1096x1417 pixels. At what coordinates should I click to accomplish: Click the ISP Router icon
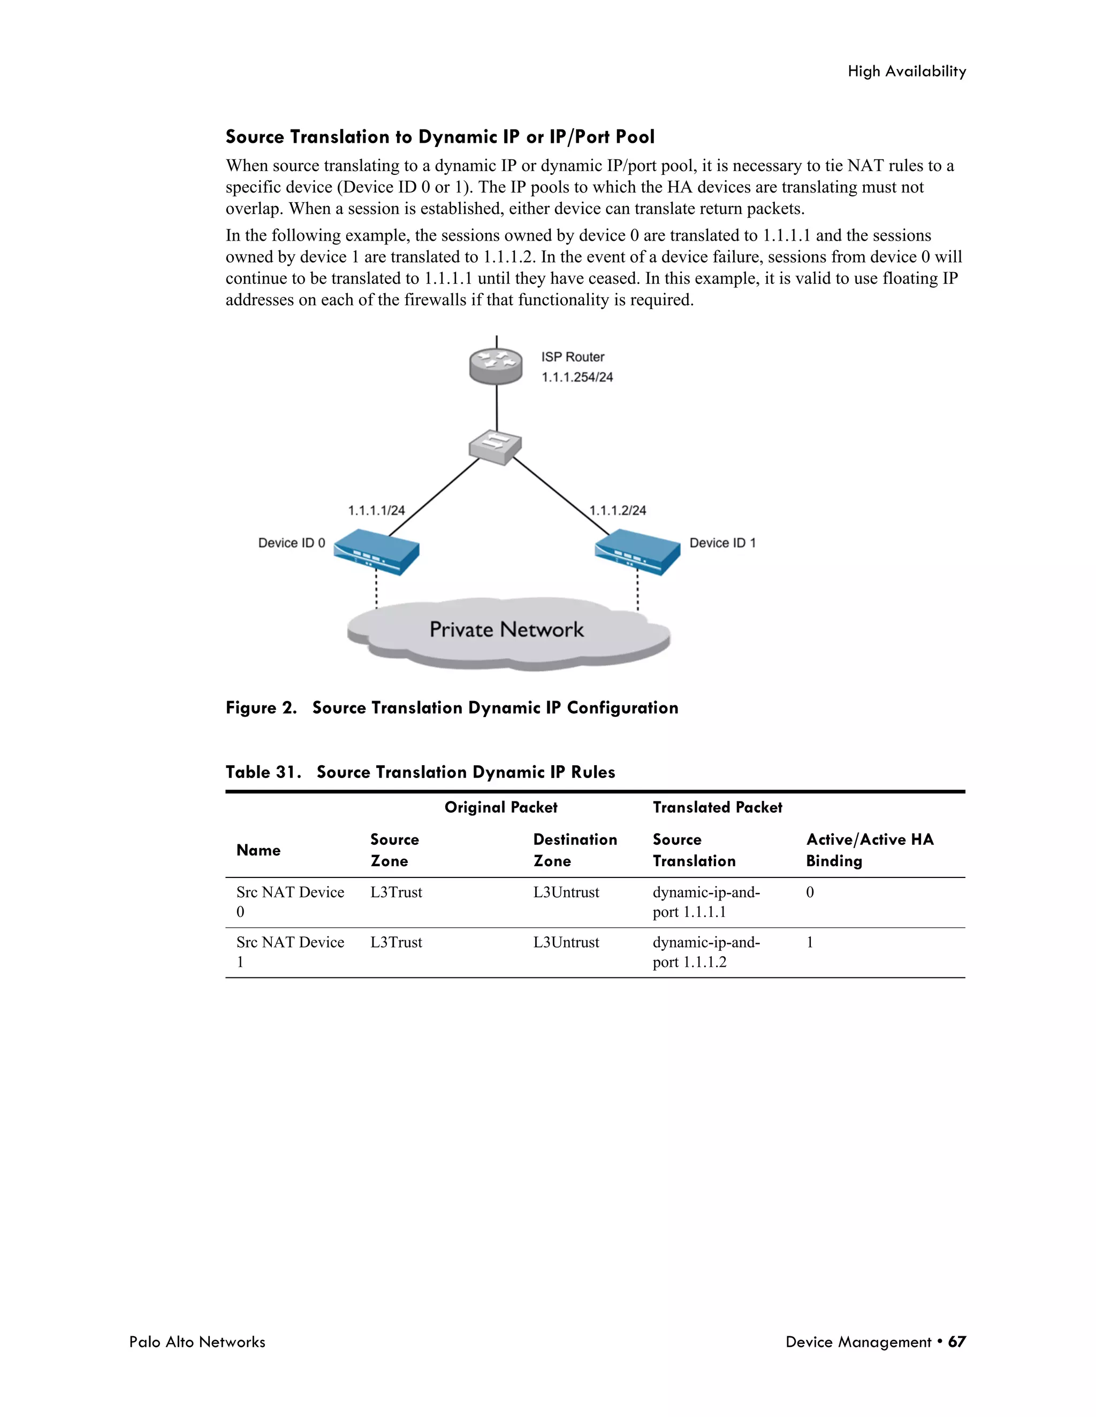(496, 366)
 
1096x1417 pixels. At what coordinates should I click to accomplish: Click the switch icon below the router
(496, 446)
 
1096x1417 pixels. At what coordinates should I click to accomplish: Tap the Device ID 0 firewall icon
(377, 551)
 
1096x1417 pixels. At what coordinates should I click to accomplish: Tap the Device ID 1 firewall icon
(637, 551)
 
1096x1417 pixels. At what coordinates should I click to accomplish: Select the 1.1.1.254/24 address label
(577, 377)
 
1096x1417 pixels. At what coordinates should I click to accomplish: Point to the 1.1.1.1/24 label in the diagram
(377, 511)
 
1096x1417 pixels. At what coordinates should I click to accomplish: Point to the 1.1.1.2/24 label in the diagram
(618, 511)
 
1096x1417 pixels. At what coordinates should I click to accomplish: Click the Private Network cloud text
(506, 629)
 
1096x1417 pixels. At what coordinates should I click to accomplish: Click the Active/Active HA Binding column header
(870, 850)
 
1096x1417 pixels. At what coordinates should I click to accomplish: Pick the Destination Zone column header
(575, 850)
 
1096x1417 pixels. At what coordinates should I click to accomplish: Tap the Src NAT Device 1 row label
(290, 951)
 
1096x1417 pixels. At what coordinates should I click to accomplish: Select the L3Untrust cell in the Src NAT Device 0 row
(566, 892)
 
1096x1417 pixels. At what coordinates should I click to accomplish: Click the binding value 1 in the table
(810, 942)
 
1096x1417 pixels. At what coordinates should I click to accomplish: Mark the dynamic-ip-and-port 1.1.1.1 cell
(706, 902)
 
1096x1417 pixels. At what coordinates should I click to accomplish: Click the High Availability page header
(907, 71)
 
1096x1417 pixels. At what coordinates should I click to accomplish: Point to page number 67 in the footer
(956, 1342)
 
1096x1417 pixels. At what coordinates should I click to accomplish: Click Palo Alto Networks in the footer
(197, 1342)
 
